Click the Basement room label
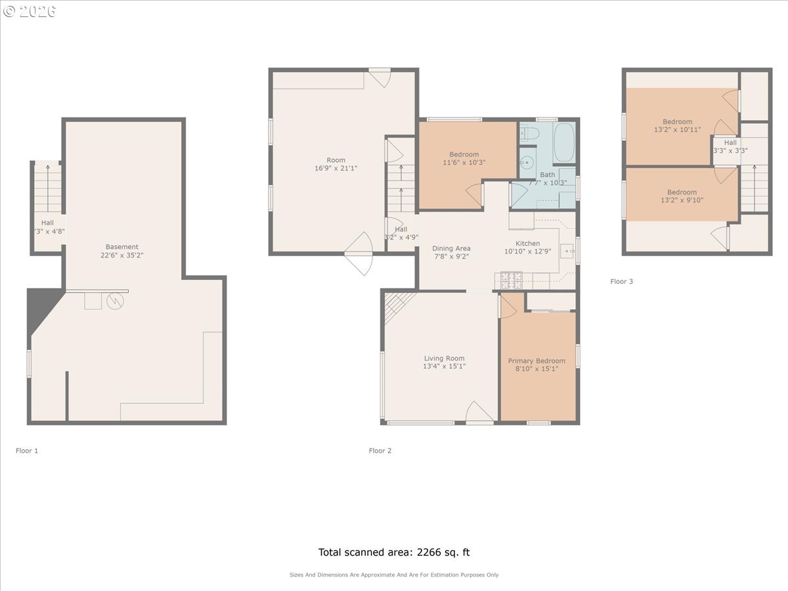pos(122,247)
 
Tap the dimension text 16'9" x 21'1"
pos(336,169)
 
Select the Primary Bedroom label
pos(536,361)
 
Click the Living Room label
pos(444,359)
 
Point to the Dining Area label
pos(451,249)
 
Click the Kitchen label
pos(527,244)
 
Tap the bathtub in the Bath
pos(564,143)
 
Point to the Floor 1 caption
pos(27,451)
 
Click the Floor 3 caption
pos(621,282)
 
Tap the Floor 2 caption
pos(380,451)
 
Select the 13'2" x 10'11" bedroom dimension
pos(677,130)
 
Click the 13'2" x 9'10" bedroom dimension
pos(682,200)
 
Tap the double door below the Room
pos(359,253)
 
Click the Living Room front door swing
pos(479,413)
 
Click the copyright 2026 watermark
pos(30,11)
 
